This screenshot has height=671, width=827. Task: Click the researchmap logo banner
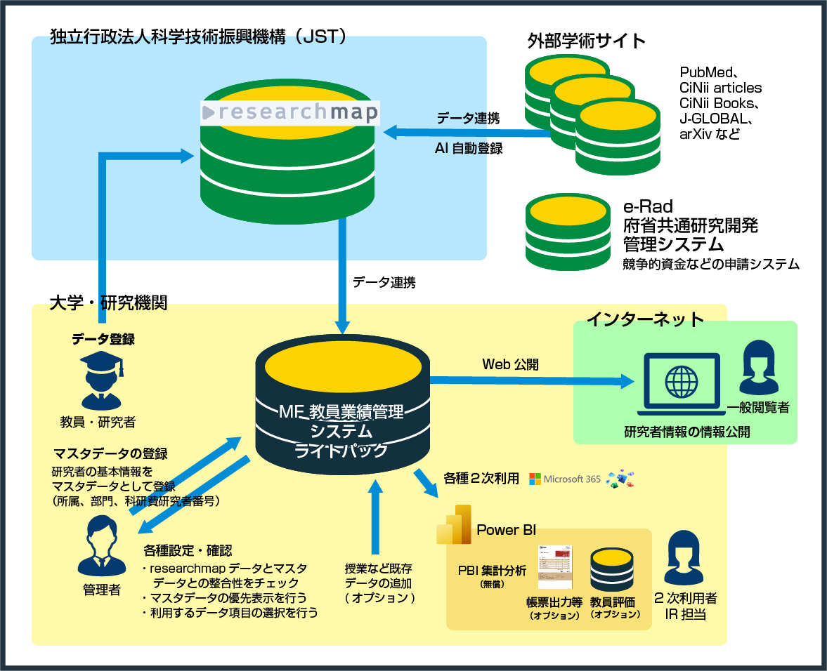(289, 112)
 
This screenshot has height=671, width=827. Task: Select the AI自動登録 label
(469, 149)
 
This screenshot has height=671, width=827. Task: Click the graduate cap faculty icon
(101, 380)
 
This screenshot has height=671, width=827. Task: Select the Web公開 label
(511, 364)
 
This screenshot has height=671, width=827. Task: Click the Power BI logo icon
(453, 524)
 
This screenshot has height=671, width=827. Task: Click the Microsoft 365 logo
(565, 479)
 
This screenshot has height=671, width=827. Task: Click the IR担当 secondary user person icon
(685, 559)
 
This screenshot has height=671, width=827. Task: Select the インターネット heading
(645, 319)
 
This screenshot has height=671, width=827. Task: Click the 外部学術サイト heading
(587, 41)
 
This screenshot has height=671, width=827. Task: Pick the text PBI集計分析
(491, 571)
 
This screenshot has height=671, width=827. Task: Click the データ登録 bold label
(103, 340)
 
